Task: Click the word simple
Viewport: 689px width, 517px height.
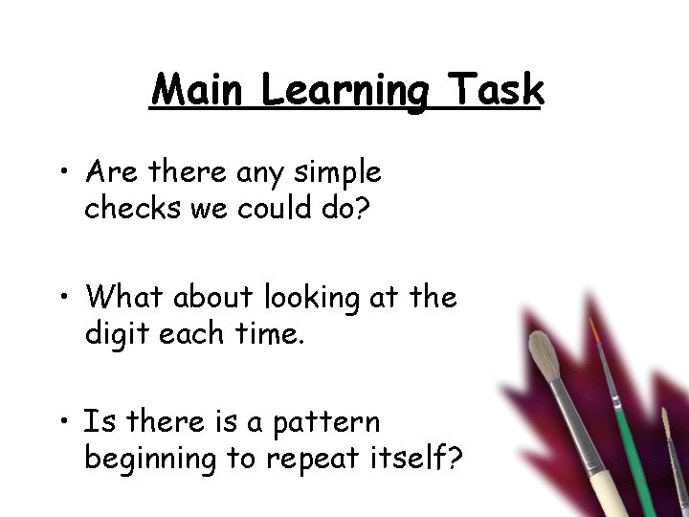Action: [x=334, y=174]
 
